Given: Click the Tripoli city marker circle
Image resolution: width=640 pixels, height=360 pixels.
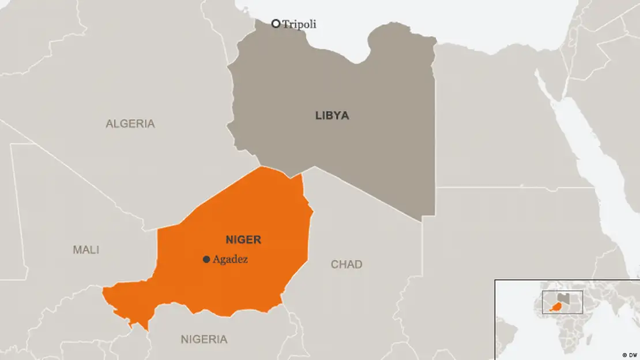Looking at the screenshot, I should point(276,24).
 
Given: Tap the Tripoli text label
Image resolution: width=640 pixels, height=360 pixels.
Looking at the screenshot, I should point(299,24).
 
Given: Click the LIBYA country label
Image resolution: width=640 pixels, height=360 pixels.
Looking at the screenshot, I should point(332,115).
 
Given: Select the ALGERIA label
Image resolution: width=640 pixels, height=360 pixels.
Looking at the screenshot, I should point(130,123).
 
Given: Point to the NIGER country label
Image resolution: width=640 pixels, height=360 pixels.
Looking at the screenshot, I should point(243,239).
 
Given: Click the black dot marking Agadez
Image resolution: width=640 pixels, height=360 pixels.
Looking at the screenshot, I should point(206,260).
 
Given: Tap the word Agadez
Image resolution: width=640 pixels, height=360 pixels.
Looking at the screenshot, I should point(230,260).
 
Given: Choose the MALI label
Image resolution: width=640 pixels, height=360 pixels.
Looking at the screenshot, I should point(86,250).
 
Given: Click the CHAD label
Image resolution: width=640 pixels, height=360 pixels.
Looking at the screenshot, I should point(347,264).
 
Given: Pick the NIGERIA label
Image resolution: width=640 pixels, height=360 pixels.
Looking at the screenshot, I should point(204,339).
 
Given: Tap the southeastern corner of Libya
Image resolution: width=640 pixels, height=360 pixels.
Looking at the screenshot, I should point(420,221).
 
